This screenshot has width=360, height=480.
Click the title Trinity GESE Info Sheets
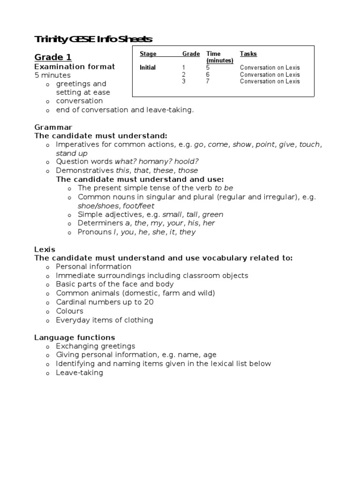click(93, 39)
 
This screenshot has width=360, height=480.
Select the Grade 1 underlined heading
click(53, 57)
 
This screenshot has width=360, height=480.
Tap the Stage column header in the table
click(148, 54)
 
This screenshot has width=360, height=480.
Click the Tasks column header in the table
click(248, 54)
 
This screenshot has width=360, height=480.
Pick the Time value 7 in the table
click(208, 81)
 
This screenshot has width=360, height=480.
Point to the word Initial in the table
click(148, 67)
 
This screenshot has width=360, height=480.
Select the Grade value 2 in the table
click(184, 75)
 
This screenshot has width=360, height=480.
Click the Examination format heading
click(75, 67)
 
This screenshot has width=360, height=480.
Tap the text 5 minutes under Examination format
click(52, 75)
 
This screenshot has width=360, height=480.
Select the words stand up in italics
click(72, 153)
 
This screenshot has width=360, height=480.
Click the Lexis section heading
click(45, 249)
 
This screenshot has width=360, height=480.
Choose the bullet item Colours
click(69, 311)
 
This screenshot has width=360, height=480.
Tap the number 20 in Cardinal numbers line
click(149, 302)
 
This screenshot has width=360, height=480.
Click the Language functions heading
click(75, 337)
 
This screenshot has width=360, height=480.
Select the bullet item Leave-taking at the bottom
click(79, 373)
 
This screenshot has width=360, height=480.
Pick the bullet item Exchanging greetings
click(96, 346)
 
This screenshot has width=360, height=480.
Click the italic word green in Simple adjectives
click(213, 214)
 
